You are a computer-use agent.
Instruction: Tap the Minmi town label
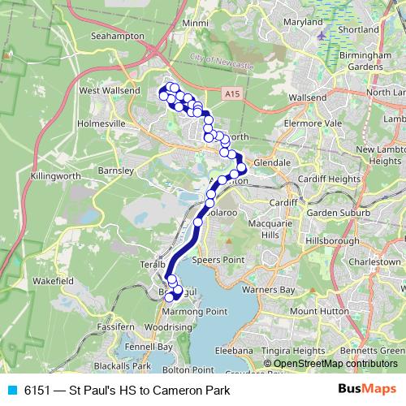click(195, 24)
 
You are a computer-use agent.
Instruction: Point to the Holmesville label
click(103, 123)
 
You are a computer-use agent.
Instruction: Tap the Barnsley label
click(114, 172)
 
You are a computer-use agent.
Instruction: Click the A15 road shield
click(231, 94)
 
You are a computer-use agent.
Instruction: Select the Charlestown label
click(376, 264)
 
